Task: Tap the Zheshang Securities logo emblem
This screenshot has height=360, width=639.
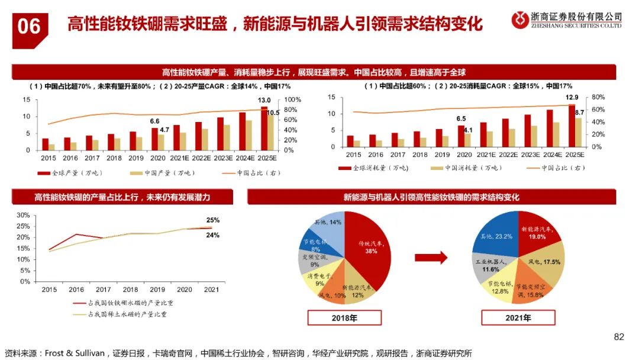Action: click(520, 20)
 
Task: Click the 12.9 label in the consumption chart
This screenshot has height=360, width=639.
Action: click(572, 97)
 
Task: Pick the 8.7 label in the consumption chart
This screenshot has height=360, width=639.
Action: click(579, 112)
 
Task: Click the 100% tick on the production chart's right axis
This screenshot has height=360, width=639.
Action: click(293, 99)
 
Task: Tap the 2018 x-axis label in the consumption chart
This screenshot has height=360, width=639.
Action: click(420, 155)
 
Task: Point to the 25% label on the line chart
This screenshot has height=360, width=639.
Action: click(212, 220)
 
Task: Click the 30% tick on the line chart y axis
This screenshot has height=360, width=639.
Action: click(22, 215)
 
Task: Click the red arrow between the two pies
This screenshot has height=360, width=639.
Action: click(430, 258)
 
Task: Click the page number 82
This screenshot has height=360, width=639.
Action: click(619, 337)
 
